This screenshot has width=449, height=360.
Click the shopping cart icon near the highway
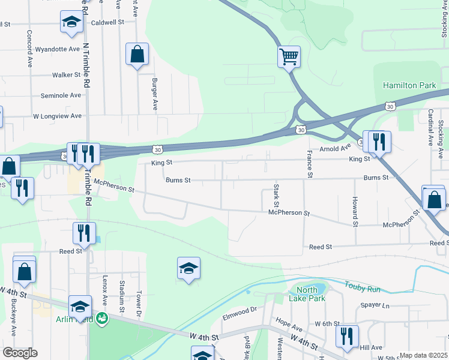289,58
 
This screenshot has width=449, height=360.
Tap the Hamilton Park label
409,86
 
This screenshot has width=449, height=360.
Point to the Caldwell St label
107,22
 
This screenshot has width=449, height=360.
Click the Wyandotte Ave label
58,49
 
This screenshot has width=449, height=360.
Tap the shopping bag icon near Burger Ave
137,54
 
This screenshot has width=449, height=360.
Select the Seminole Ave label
61,95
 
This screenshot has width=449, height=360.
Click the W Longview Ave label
57,116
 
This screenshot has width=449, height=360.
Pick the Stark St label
277,193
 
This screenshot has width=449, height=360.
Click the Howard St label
355,211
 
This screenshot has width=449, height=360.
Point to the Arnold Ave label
335,148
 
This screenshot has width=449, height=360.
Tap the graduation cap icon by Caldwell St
71,23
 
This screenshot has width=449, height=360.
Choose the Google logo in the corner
20,353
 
